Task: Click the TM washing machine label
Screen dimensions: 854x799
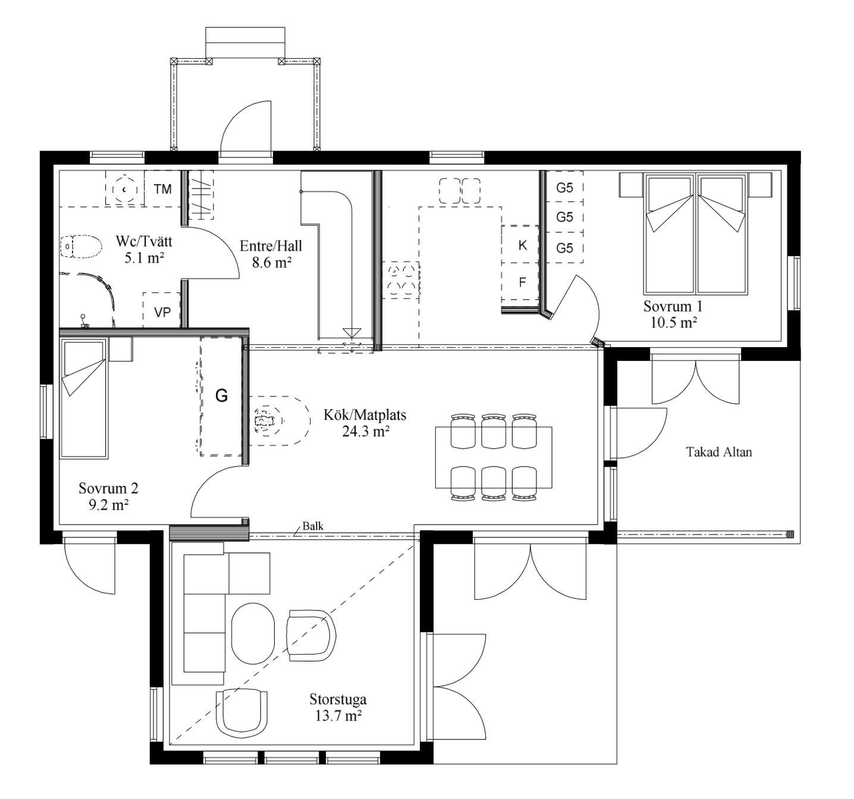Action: tap(162, 189)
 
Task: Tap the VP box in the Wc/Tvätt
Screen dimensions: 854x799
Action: tap(162, 310)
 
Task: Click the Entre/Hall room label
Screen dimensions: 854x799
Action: tap(271, 246)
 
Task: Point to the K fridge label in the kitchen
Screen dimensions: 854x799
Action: tap(523, 246)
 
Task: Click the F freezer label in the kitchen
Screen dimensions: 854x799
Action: tap(523, 282)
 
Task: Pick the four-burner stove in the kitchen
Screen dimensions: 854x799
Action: tap(401, 280)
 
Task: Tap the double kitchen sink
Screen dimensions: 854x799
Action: tap(460, 191)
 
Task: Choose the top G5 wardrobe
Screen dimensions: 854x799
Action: tap(564, 187)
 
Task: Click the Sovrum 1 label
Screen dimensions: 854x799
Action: tap(673, 306)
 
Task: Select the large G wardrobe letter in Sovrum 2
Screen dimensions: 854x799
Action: tap(221, 395)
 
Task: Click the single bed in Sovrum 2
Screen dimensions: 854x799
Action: tap(84, 398)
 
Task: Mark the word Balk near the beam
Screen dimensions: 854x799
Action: tap(313, 526)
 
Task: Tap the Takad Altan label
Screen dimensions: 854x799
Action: tap(719, 452)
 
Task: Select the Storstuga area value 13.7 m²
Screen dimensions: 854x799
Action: tap(338, 716)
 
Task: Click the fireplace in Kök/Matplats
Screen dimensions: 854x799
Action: tap(280, 420)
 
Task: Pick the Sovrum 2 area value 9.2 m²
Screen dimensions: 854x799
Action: tap(109, 505)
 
